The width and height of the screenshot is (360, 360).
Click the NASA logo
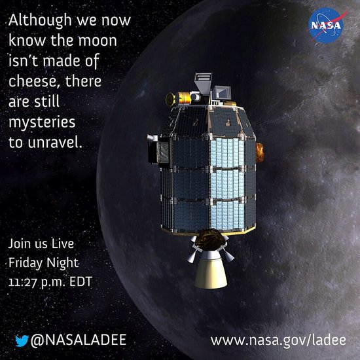326,25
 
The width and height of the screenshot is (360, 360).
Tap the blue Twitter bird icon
22,340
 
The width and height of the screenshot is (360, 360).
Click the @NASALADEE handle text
79,340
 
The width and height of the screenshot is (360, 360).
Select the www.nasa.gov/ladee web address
278,340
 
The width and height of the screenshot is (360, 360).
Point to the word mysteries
42,122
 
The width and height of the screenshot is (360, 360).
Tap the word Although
40,21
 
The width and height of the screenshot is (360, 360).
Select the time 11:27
22,281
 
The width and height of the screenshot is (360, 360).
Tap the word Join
20,244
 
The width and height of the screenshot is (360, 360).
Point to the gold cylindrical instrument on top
179,99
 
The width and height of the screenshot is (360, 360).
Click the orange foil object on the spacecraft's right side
260,153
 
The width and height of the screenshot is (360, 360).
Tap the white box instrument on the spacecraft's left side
152,137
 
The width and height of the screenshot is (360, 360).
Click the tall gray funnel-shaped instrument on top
203,83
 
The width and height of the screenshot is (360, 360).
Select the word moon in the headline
98,41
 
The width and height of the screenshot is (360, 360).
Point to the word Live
62,243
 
